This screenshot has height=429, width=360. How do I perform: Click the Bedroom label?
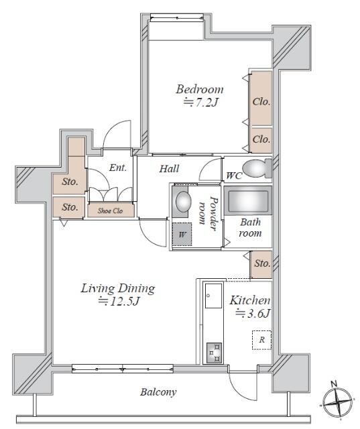click(x=199, y=89)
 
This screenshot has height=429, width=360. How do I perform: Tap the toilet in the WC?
click(x=257, y=168)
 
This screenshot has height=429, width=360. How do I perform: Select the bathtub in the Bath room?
click(x=248, y=201)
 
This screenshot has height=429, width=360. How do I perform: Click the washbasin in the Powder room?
click(x=183, y=201)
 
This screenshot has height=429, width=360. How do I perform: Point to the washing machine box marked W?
click(x=182, y=234)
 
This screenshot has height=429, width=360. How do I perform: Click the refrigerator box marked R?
click(x=262, y=340)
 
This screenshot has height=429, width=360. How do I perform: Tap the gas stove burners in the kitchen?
click(x=214, y=353)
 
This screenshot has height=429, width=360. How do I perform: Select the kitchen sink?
click(x=213, y=296)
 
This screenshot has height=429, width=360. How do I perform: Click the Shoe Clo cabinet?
click(x=111, y=210)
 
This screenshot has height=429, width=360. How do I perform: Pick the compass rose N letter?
click(x=333, y=384)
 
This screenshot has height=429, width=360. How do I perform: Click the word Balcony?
click(x=158, y=392)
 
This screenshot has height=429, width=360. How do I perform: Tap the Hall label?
click(x=169, y=168)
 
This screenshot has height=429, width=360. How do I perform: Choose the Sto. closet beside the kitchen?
click(x=261, y=264)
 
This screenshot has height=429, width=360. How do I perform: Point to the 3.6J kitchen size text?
click(x=253, y=313)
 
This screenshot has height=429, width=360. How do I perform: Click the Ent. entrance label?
click(x=118, y=168)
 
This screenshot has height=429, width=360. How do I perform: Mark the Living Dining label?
click(x=118, y=289)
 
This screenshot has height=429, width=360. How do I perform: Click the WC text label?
click(x=234, y=176)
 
